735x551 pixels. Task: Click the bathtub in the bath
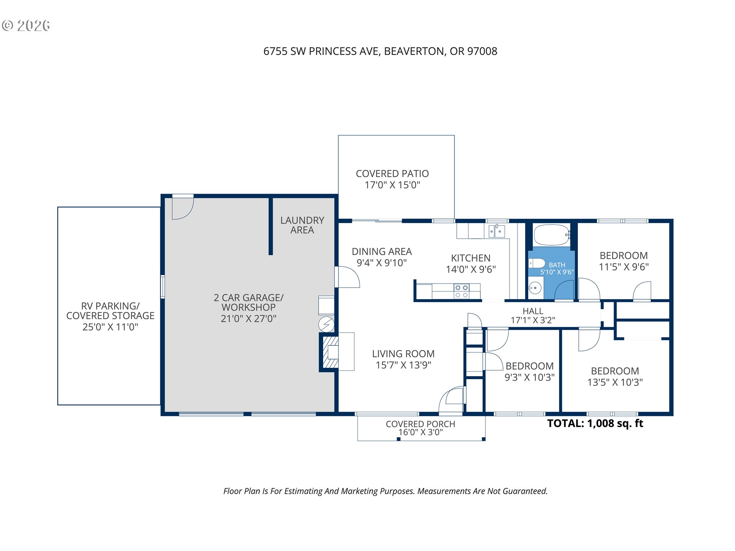[551, 235]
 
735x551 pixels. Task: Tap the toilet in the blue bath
[537, 263]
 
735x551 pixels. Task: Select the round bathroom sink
[535, 288]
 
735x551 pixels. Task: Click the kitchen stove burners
[461, 291]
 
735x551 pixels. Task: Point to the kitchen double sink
[497, 231]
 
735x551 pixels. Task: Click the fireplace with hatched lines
[330, 352]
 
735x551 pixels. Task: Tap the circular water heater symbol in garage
[326, 324]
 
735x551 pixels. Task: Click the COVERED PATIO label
[392, 174]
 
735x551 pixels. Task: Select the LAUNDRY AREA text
[302, 225]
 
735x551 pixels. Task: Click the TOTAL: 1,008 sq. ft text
[595, 423]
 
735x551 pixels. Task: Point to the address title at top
[380, 51]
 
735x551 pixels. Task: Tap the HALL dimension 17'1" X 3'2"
[533, 320]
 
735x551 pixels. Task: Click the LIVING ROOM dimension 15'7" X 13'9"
[403, 365]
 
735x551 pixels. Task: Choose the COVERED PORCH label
[420, 424]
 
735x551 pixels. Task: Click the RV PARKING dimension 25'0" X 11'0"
[110, 327]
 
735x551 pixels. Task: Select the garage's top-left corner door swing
[183, 207]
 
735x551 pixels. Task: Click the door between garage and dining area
[347, 277]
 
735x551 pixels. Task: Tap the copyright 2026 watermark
[26, 26]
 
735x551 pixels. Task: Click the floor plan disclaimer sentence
[385, 491]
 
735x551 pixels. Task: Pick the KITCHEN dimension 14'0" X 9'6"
[471, 269]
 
